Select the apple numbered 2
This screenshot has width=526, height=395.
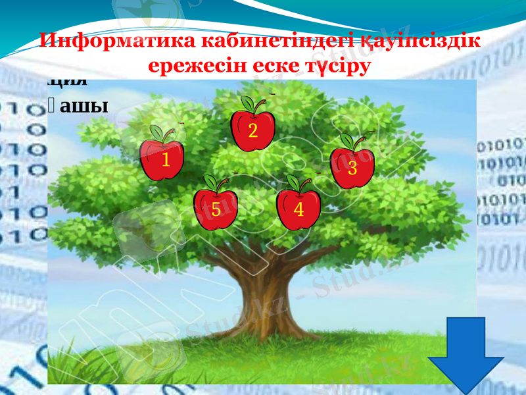coord(252,131)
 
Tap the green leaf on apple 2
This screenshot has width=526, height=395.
coord(249,103)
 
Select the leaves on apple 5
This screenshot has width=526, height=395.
coord(210,182)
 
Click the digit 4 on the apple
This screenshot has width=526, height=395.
coord(299,210)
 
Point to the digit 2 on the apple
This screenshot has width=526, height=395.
coord(252,131)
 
